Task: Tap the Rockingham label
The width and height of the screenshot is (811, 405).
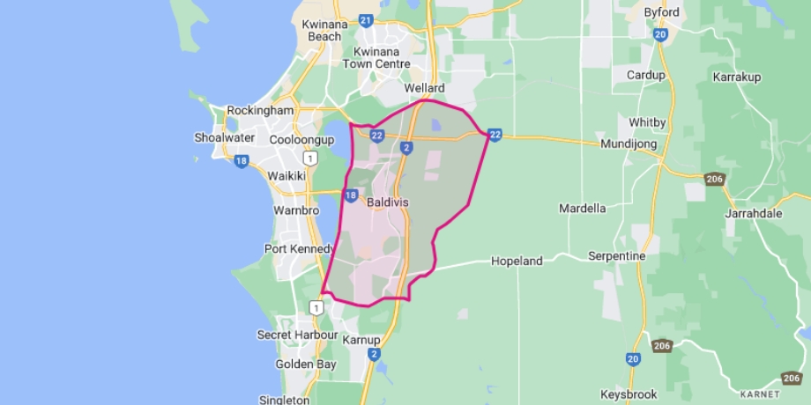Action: tap(259, 111)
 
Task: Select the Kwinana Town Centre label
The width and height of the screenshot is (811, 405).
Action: tap(381, 57)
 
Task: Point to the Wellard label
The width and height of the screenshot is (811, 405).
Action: tap(424, 89)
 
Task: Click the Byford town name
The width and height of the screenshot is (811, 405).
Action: tap(661, 12)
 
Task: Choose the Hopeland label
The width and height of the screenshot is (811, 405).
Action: tap(517, 261)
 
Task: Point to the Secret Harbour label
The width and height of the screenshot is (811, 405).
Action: tap(297, 335)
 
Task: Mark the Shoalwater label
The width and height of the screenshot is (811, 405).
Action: tap(224, 137)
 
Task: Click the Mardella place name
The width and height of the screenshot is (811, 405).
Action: tap(582, 209)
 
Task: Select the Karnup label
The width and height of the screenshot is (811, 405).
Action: tap(362, 340)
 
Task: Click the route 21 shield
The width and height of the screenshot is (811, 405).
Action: tap(366, 19)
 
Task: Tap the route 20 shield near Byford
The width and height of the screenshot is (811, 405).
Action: tap(660, 34)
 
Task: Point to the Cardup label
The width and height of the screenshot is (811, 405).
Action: tap(645, 75)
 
